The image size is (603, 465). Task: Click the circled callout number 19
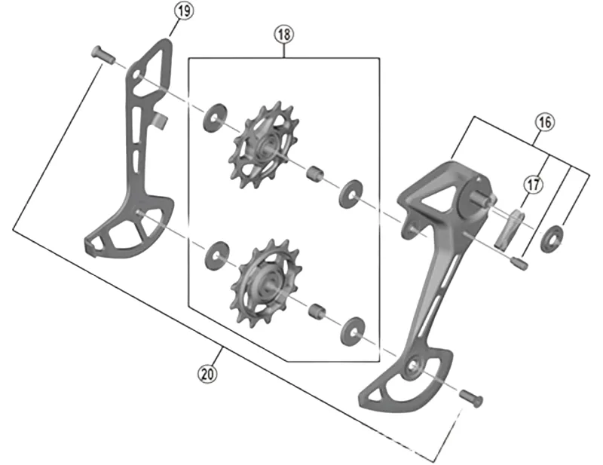[x=183, y=11]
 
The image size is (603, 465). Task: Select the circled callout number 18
[x=284, y=34]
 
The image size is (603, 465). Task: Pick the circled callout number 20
[x=206, y=372]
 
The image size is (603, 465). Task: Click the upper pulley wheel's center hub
[x=267, y=146]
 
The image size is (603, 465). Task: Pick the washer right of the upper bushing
[x=350, y=194]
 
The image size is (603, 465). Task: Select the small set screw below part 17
[x=518, y=262]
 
